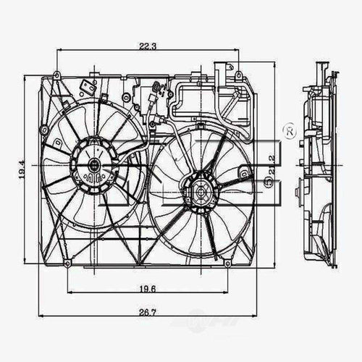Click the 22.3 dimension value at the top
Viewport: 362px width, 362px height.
click(x=147, y=47)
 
